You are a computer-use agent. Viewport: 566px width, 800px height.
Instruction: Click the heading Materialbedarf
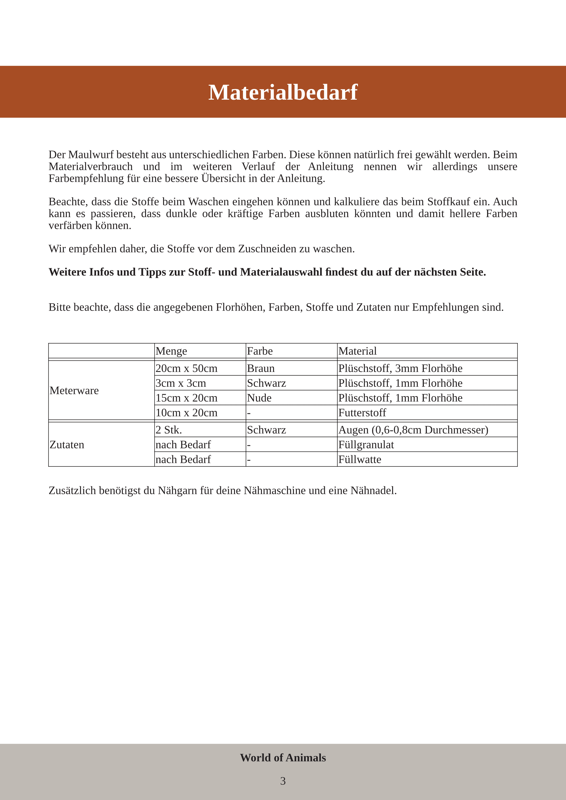tap(283, 92)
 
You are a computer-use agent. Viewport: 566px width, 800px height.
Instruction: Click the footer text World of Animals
tap(283, 758)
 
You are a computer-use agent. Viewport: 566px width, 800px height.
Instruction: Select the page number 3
tap(283, 781)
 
